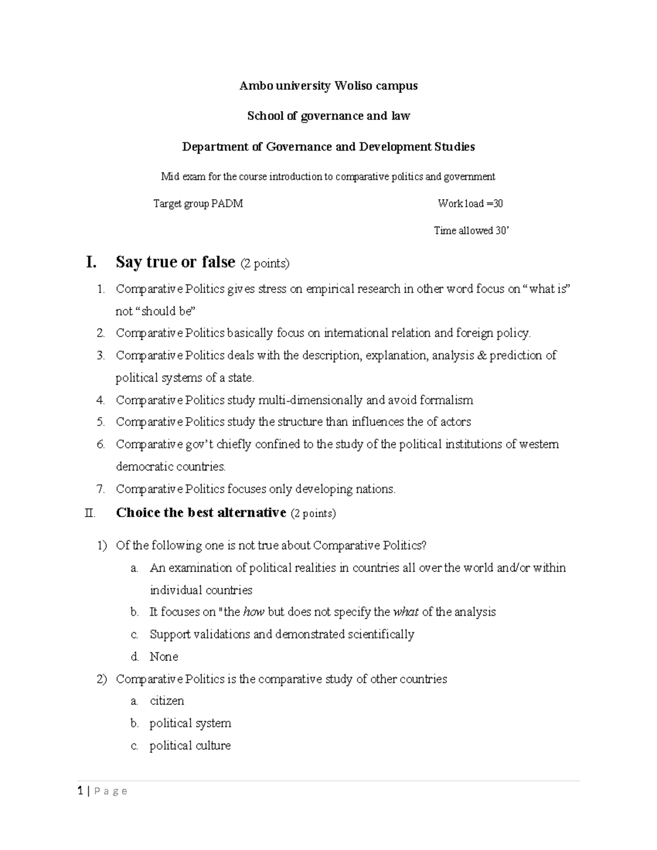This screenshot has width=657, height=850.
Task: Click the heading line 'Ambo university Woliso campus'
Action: point(328,86)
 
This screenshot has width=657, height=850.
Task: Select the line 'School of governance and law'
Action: point(328,116)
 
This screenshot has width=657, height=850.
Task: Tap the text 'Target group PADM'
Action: point(198,204)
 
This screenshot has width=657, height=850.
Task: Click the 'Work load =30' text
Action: point(470,204)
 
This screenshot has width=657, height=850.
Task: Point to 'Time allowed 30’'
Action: point(471,231)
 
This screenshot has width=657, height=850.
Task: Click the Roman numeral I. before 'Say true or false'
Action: point(91,263)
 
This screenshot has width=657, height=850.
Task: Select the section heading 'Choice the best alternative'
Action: point(201,513)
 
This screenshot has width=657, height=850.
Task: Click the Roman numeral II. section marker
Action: point(90,513)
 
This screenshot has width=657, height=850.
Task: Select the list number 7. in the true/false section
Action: point(100,489)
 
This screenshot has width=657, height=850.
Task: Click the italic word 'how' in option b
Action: point(253,612)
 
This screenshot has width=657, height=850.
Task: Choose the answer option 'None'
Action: point(164,657)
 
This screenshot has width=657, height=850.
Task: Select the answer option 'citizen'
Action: point(167,701)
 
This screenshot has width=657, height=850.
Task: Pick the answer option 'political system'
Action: point(190,724)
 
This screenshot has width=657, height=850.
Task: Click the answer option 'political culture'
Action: point(190,746)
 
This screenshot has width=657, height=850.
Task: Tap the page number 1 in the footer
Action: point(80,791)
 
